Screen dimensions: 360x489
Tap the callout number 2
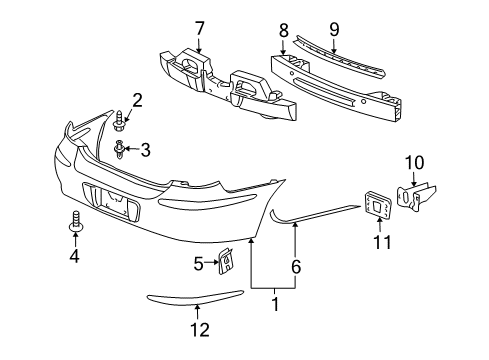(137, 99)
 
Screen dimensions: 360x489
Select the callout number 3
(145, 150)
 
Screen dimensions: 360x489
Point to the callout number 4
(73, 255)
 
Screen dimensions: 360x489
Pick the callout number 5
(199, 264)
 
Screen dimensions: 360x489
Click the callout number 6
(295, 267)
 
